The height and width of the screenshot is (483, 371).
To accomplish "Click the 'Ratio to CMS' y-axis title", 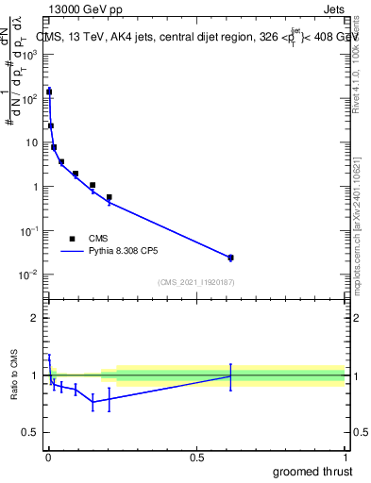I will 16,375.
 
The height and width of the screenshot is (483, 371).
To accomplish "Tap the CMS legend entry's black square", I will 72,239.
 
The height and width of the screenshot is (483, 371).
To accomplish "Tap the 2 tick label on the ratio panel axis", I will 35,318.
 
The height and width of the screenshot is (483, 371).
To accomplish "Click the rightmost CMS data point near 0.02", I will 230,258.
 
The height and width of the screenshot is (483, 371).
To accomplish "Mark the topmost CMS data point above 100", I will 49,92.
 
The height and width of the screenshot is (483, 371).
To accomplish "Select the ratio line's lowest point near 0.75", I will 93,402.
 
